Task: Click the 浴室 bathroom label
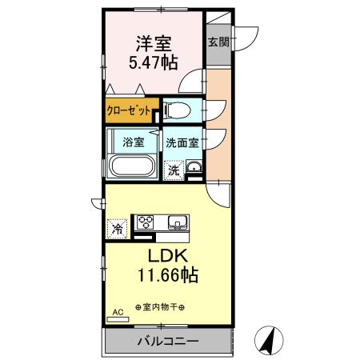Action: click(134, 142)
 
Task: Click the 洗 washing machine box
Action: click(174, 169)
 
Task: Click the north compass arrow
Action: click(270, 341)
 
